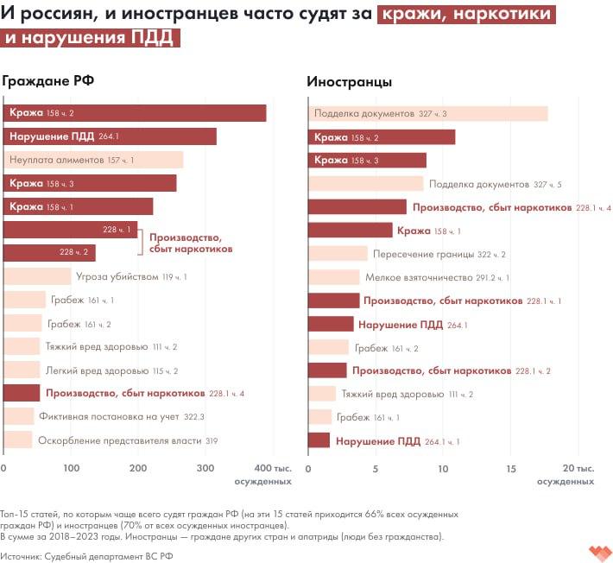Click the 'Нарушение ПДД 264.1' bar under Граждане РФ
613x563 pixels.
110,136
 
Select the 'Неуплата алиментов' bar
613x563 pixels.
93,160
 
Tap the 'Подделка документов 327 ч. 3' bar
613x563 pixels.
428,114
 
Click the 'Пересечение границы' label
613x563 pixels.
424,254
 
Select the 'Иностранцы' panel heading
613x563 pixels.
350,82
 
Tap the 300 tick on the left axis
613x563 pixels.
205,468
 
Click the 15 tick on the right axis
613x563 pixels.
510,468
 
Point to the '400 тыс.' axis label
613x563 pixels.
281,468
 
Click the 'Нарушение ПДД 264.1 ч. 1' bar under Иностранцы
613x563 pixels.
319,440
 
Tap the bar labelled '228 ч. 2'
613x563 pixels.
49,253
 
